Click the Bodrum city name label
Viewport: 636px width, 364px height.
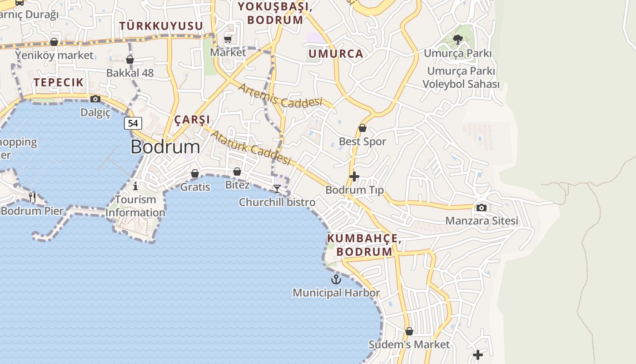coord(165,147)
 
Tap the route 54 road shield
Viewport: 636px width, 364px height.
coord(133,123)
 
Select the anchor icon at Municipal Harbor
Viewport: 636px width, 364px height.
coord(336,279)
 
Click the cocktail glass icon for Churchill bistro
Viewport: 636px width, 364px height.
coord(277,188)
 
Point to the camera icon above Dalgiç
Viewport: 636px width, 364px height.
coord(95,99)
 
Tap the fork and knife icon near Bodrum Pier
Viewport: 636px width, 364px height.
coord(32,197)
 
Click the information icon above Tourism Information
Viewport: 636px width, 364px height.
coord(135,186)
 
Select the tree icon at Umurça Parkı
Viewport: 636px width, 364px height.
coord(458,40)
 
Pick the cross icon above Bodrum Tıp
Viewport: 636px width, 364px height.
coord(354,177)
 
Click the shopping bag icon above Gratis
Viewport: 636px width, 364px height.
coord(195,173)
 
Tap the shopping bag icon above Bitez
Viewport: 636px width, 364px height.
coord(237,172)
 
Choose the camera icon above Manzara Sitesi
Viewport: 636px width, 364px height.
coord(482,207)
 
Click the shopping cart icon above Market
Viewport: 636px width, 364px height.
coord(228,39)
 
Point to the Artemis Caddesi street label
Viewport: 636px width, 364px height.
coord(280,96)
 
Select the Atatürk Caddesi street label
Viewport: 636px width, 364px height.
coord(251,147)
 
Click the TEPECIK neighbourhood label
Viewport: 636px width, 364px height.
coord(59,82)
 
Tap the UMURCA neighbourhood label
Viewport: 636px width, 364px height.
coord(336,54)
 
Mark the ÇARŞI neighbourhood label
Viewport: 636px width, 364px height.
coord(192,120)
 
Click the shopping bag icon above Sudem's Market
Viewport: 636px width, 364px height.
coord(409,331)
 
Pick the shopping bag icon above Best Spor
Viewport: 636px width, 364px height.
coord(363,128)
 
